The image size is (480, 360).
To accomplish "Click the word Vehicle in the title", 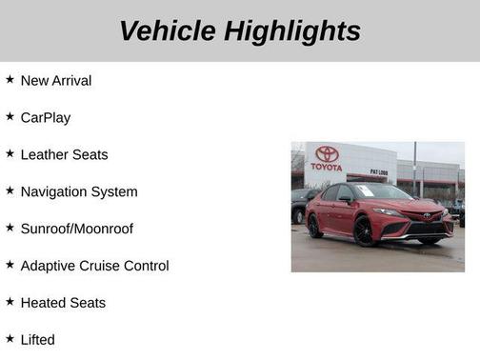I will coord(168,31).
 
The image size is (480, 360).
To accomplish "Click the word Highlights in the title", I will coord(293,31).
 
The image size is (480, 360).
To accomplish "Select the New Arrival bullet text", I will coord(56,81).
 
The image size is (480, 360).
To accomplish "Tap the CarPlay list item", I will coord(46,118).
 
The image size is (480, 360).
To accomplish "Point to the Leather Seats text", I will coord(64,155).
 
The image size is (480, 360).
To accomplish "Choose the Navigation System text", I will coord(79,192).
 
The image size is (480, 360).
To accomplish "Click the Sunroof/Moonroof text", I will coord(77,230).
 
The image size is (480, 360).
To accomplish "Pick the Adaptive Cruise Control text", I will coord(94,267).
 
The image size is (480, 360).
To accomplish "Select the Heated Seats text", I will coord(63,304).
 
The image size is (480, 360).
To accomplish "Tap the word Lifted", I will coord(38,340).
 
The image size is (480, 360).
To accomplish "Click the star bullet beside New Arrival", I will coord(10,80).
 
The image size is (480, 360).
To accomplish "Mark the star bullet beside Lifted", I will coord(10,339).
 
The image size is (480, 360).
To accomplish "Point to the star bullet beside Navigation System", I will coord(10,191).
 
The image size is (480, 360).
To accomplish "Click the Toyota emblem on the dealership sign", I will coord(327,153).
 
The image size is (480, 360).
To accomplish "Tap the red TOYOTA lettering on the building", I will coord(327,168).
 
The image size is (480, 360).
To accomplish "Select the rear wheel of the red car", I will coord(314,226).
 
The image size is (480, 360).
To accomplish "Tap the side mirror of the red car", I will coord(347,199).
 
